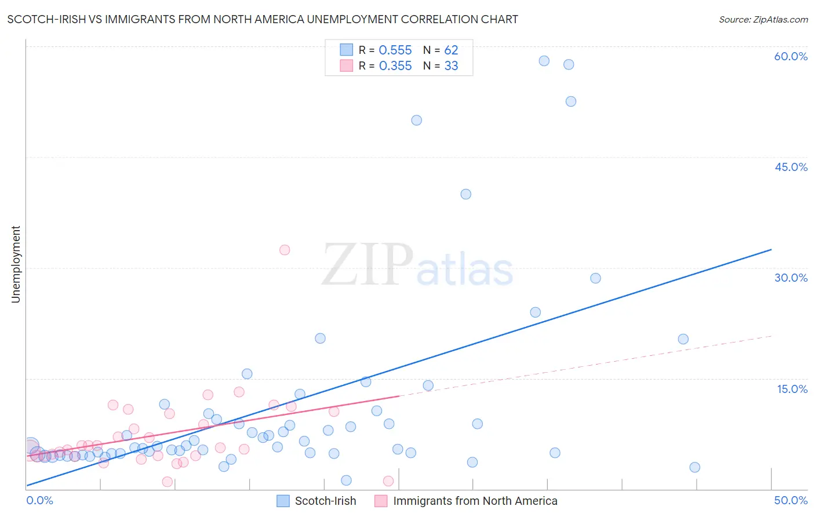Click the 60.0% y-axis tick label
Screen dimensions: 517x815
coord(791,56)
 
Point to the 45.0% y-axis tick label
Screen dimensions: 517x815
coord(791,167)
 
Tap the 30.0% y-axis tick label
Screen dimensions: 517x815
coord(791,278)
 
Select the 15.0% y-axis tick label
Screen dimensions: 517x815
coord(792,389)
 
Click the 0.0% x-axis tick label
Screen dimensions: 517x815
coord(39,500)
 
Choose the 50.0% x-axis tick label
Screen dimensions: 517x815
coord(791,500)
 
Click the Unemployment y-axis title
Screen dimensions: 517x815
coord(16,264)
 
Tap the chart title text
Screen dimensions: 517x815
coord(263,19)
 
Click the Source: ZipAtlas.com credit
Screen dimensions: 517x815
coord(763,19)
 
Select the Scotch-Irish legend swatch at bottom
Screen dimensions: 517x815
coord(283,501)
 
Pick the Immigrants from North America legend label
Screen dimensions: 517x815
coord(475,501)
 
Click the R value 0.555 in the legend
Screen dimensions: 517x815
coord(395,50)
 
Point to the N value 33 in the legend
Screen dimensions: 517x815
coord(451,66)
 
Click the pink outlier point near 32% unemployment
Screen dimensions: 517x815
coord(285,250)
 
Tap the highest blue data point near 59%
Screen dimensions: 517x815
coord(544,61)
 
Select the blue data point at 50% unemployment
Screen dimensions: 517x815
coord(416,121)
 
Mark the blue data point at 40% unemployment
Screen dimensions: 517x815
coord(465,194)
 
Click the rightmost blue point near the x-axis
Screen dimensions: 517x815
coord(694,467)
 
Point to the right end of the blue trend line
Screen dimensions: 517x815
coord(771,250)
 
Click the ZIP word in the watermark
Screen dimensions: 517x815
coord(368,265)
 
